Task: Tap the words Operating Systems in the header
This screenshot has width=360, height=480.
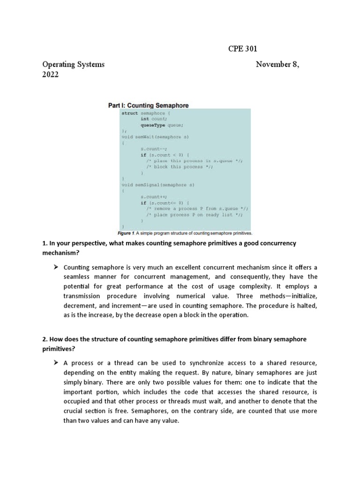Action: (74, 64)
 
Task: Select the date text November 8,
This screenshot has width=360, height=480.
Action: (277, 64)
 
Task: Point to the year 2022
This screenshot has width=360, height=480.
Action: (51, 75)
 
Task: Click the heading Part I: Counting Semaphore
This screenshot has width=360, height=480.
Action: (149, 105)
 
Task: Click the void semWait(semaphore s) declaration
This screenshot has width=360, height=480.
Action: (155, 137)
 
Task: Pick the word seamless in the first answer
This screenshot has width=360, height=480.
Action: (78, 277)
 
